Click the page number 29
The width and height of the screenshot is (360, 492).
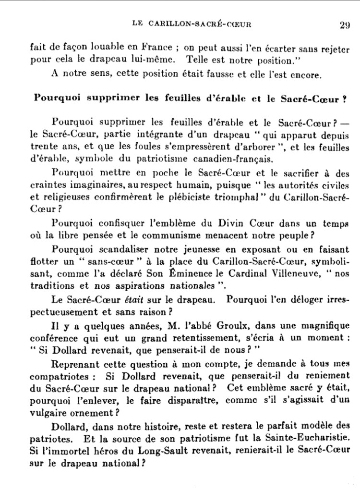coord(344,25)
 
